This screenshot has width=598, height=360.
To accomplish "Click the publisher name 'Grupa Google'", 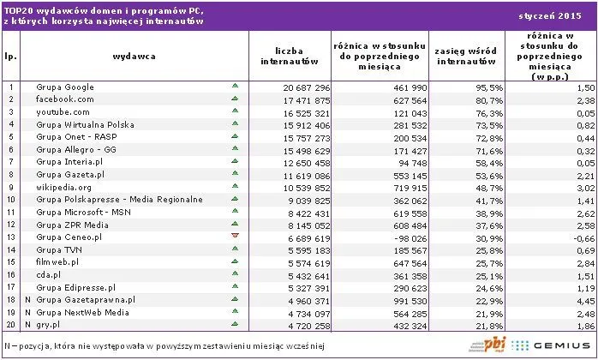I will (x=65, y=87).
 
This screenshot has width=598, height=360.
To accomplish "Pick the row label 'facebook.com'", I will (x=64, y=99).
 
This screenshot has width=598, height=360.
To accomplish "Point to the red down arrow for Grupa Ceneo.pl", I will (x=234, y=236).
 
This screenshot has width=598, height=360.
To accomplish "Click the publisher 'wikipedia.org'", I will (x=65, y=186).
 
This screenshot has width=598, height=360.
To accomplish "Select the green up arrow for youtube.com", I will (x=234, y=112).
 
